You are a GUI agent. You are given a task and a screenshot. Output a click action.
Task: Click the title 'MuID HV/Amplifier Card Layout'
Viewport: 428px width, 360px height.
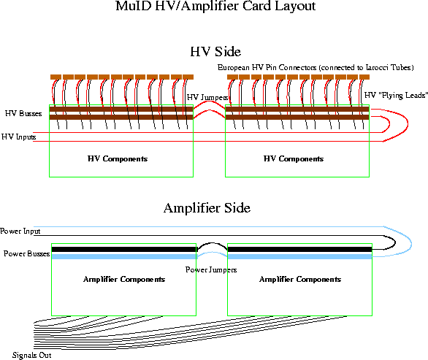[x=215, y=6]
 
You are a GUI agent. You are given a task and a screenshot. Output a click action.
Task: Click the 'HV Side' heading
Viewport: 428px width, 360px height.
[x=215, y=52]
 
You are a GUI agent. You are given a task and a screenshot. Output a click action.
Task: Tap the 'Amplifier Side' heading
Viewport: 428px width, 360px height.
[x=207, y=208]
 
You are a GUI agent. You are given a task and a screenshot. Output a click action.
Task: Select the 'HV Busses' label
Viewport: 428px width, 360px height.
[x=23, y=113]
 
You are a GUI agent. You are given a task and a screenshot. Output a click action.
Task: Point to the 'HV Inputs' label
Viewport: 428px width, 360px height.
[x=18, y=137]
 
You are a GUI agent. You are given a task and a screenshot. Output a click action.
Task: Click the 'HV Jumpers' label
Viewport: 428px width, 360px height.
[x=207, y=97]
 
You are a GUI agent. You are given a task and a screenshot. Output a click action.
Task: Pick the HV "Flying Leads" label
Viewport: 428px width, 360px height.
[x=396, y=95]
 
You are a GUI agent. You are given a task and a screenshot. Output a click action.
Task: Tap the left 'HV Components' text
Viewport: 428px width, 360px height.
[x=118, y=159]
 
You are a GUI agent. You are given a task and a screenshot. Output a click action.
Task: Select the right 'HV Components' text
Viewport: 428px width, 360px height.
[x=294, y=159]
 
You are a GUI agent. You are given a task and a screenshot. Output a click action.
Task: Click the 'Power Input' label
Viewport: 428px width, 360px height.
[x=20, y=231]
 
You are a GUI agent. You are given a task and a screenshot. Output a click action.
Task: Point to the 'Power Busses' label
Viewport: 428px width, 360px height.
[x=27, y=253]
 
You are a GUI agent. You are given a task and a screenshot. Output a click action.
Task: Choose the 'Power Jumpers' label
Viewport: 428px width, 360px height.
[x=211, y=270]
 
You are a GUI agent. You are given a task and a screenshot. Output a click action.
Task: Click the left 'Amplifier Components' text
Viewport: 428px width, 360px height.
[x=124, y=280]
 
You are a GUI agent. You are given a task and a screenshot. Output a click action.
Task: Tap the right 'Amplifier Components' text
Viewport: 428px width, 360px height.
[x=300, y=280]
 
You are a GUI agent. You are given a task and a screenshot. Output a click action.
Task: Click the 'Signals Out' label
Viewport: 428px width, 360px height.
[x=31, y=355]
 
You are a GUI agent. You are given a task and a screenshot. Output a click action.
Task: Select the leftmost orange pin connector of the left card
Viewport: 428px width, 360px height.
[x=56, y=77]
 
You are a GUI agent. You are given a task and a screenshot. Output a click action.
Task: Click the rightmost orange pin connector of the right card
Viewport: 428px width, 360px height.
[x=364, y=77]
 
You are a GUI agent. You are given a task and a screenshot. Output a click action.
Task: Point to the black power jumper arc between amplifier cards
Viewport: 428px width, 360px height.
[x=212, y=243]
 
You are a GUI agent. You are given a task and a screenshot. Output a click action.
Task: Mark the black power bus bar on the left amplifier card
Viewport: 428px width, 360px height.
[x=124, y=250]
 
